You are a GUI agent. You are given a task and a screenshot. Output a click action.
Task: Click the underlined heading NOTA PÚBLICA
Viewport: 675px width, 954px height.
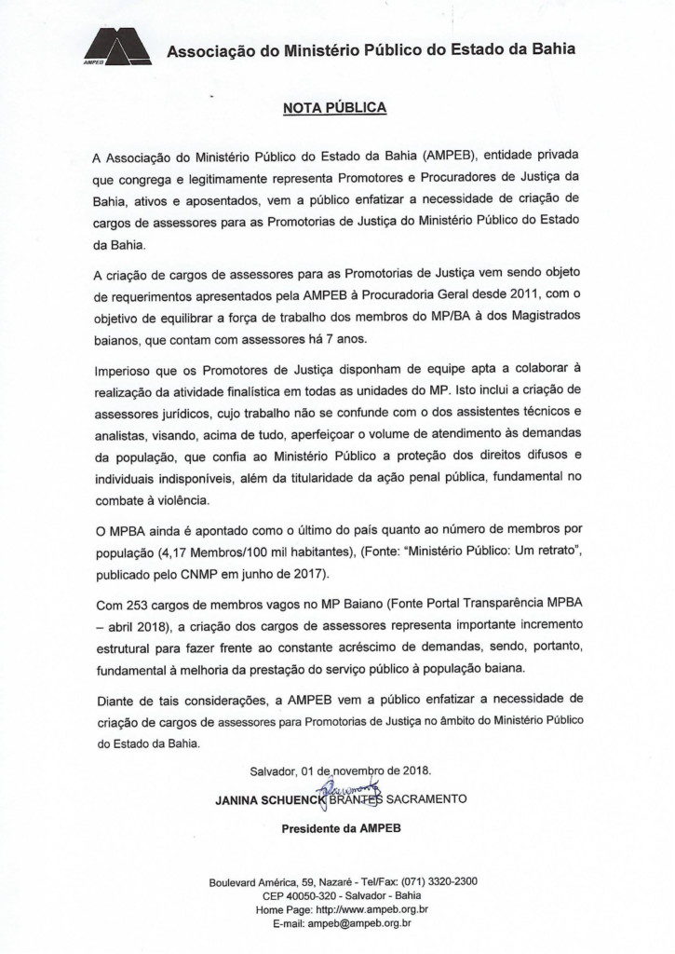click(334, 107)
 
